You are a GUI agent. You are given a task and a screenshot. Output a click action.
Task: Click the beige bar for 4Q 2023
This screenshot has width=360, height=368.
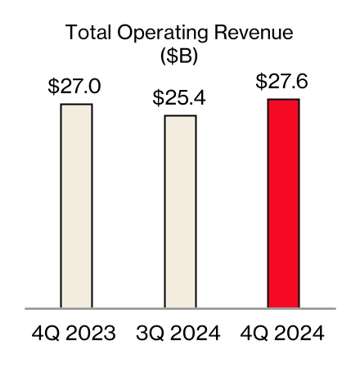[76, 206]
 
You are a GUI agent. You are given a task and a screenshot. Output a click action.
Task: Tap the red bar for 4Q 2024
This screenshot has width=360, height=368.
[283, 204]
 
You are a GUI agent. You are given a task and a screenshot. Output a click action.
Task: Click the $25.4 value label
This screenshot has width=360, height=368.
[180, 99]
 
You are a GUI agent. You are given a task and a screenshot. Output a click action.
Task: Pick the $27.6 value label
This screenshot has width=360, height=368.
[283, 83]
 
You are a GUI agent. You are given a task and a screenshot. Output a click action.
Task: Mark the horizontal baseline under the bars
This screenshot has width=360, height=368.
[180, 309]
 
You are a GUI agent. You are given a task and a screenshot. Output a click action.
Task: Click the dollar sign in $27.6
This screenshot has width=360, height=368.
[261, 83]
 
